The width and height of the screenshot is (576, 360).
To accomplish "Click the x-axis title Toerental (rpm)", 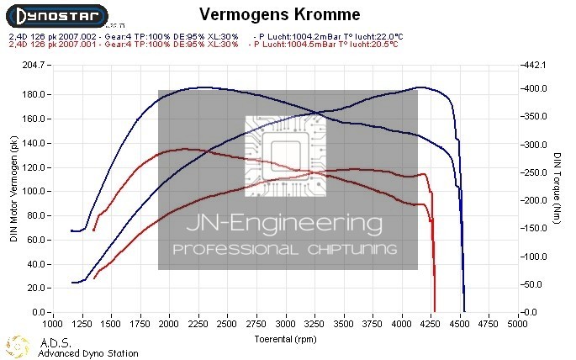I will click(287, 339).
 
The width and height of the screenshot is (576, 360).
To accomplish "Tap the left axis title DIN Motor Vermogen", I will click(13, 190).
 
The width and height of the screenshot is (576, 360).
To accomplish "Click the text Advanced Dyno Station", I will click(88, 353).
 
